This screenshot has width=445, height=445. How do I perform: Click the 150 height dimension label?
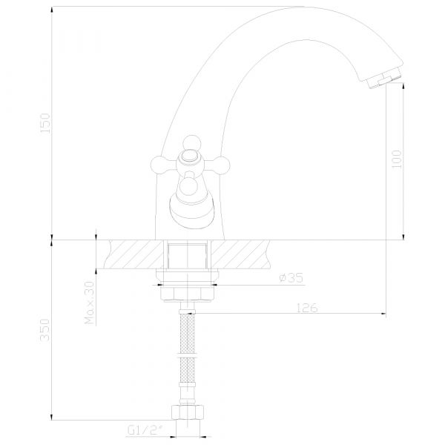[x=45, y=123]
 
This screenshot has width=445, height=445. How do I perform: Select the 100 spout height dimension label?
[x=397, y=159]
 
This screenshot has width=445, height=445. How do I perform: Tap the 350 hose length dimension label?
[x=44, y=330]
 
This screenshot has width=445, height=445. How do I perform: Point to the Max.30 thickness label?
[x=90, y=303]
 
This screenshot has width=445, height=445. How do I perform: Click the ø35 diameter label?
[x=291, y=278]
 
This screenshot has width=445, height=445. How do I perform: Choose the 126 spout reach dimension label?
[x=307, y=308]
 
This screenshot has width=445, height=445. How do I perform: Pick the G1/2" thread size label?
[x=146, y=430]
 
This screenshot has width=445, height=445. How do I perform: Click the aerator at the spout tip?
[x=383, y=78]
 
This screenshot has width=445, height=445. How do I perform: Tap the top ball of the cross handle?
[x=192, y=143]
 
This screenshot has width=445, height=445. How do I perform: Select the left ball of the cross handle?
[x=159, y=165]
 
